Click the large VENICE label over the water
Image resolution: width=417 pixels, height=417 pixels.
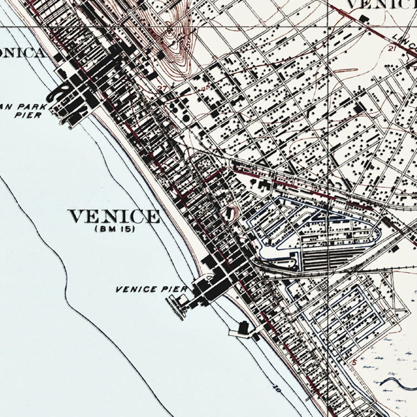point(114,217)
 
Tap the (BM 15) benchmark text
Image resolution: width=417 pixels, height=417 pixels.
point(115,230)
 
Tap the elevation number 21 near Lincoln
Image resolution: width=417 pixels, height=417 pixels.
point(392,48)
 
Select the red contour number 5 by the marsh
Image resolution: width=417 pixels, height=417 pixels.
point(354,362)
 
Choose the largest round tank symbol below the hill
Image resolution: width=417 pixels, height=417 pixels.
point(186,118)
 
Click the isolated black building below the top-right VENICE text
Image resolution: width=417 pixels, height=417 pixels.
point(364,19)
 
